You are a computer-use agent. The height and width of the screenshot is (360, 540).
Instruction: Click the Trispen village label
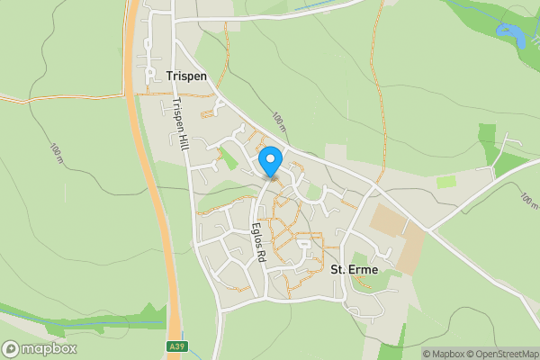tap(186, 76)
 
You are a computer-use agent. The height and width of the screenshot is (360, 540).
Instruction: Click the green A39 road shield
tap(178, 346)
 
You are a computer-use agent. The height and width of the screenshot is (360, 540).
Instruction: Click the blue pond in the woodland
tap(510, 35)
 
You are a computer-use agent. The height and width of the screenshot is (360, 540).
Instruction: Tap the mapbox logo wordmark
tap(49, 348)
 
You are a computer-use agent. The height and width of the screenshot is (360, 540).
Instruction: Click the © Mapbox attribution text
tap(446, 354)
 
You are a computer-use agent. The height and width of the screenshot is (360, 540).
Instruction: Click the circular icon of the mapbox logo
tap(11, 348)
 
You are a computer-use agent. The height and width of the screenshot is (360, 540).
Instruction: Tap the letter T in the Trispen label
tap(169, 76)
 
